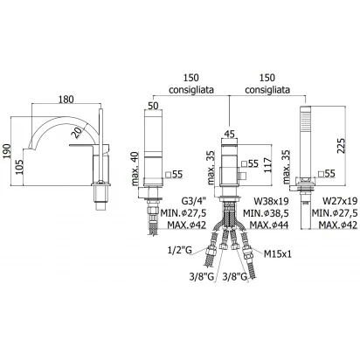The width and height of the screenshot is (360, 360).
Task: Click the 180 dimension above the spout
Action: [66, 100]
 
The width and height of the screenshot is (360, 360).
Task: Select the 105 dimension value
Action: [19, 167]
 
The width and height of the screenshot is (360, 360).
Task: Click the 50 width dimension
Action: [153, 105]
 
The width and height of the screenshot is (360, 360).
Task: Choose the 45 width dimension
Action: [230, 135]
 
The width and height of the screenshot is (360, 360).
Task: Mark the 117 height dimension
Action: [267, 165]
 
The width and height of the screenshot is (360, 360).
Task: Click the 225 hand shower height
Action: [342, 146]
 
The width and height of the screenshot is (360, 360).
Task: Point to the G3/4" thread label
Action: [194, 201]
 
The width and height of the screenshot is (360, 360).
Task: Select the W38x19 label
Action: [271, 201]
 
